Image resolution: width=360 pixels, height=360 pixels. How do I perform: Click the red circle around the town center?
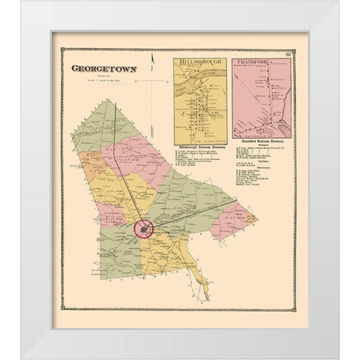click(x=142, y=228)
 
